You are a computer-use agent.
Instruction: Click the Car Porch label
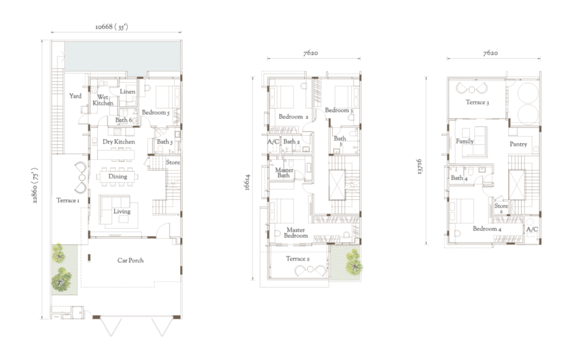click(x=130, y=260)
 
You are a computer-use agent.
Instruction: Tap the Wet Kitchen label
click(x=103, y=100)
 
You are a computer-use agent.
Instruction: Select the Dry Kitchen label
click(x=118, y=141)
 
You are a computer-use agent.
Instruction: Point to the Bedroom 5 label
click(x=156, y=112)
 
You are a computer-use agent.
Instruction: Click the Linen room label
click(x=128, y=92)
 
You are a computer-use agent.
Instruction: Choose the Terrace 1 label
click(x=68, y=201)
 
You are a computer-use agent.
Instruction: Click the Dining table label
click(x=117, y=177)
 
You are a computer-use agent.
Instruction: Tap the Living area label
click(x=122, y=211)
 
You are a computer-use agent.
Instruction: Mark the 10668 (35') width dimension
click(x=112, y=27)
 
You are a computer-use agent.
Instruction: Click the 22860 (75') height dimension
click(x=35, y=186)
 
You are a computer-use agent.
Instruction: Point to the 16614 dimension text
click(x=247, y=183)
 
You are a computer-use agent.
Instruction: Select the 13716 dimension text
click(x=420, y=167)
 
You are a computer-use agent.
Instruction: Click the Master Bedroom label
click(x=296, y=233)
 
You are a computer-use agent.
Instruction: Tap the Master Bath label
click(x=284, y=173)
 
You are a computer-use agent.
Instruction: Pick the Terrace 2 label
click(x=298, y=259)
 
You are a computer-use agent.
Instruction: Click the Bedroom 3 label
click(x=339, y=110)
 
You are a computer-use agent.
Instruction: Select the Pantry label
click(x=518, y=144)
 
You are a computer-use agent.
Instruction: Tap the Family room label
click(x=465, y=141)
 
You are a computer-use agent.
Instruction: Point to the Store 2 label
click(x=501, y=208)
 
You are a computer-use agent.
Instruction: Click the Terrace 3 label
click(x=477, y=103)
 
